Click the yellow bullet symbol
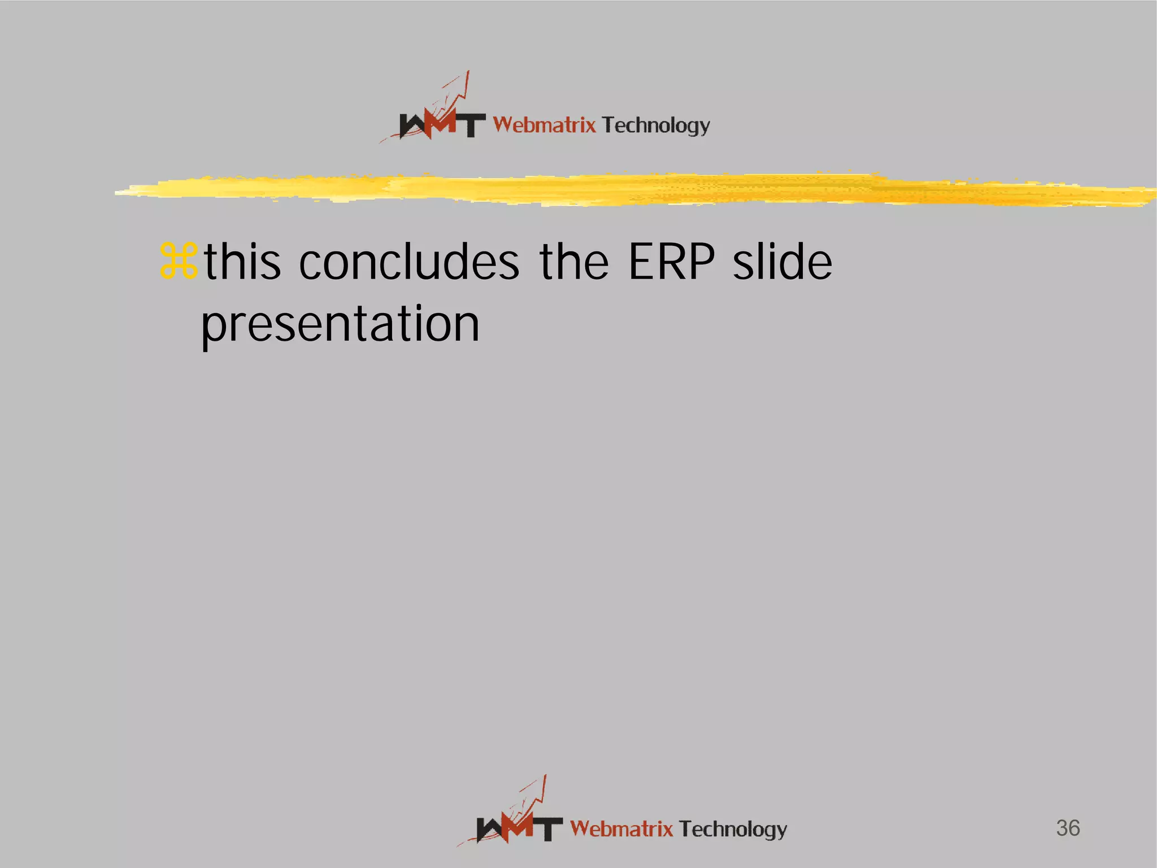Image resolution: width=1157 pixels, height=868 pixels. (179, 261)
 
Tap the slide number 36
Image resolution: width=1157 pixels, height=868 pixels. (1068, 828)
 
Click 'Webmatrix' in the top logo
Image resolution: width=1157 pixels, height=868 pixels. (544, 124)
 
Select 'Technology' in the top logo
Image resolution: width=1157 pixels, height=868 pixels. (656, 125)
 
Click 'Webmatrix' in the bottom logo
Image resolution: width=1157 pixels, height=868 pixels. (621, 829)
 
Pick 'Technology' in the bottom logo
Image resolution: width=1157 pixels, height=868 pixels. (733, 830)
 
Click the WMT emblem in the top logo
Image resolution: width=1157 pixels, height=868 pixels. (441, 124)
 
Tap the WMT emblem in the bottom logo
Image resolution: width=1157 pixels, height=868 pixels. (519, 828)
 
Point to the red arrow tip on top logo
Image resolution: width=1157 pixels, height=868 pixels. (467, 73)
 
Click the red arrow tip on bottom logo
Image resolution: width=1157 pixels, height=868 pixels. (545, 778)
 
